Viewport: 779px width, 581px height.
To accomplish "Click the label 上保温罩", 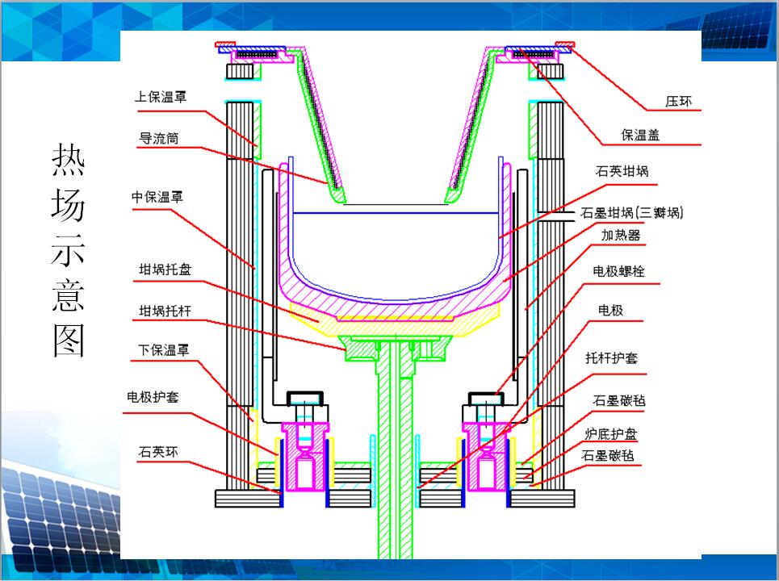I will tap(160, 97).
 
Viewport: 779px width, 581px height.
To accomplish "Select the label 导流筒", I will tap(159, 139).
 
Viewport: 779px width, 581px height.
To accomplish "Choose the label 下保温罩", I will tap(160, 350).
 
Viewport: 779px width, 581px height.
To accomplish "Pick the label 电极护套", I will tap(153, 397).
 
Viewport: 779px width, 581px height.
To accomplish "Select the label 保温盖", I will tap(640, 135).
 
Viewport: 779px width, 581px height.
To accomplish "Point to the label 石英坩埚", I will tap(622, 171).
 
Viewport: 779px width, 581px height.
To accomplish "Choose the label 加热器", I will tap(621, 235).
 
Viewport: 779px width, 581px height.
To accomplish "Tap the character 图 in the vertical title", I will tap(68, 341).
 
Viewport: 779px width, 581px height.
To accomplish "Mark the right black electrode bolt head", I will tap(488, 398).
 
